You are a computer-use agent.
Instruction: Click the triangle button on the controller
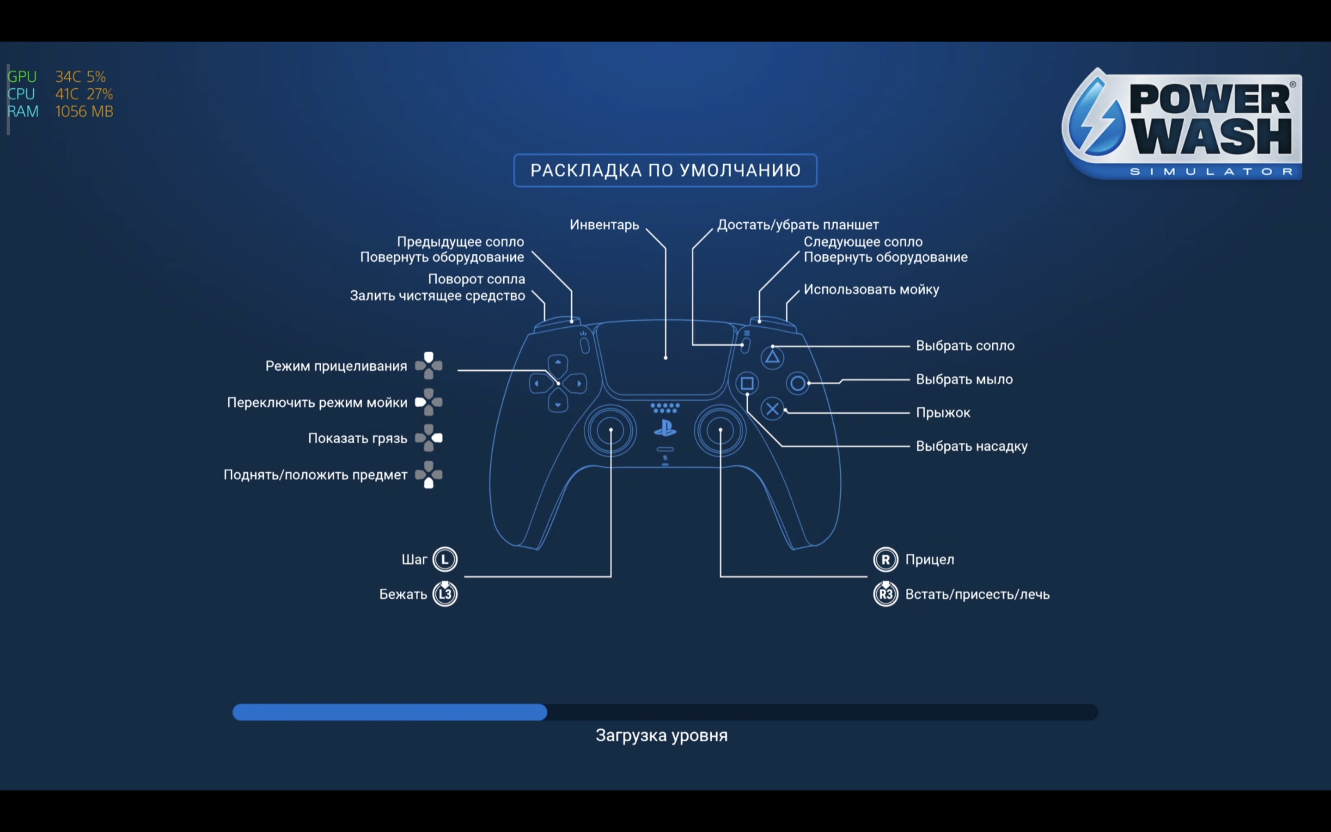772,358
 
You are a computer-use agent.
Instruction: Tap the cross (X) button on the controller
772,409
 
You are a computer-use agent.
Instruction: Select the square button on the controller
747,383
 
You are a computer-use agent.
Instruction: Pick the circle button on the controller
798,383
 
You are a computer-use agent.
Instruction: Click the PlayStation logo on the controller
665,428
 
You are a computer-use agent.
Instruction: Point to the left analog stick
611,430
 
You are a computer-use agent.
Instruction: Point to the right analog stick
720,430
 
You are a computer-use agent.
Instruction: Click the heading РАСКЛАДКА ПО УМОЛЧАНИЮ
665,171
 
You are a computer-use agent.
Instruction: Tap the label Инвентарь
604,225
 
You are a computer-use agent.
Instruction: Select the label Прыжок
943,413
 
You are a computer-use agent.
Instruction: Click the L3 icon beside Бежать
445,594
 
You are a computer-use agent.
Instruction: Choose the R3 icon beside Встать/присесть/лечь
885,594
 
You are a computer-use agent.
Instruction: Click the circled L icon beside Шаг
445,560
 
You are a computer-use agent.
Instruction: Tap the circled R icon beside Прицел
885,560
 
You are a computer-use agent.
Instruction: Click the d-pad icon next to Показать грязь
429,438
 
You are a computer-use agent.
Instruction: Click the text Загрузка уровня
661,736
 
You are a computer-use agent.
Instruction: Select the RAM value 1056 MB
84,112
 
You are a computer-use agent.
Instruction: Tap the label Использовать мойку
871,289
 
